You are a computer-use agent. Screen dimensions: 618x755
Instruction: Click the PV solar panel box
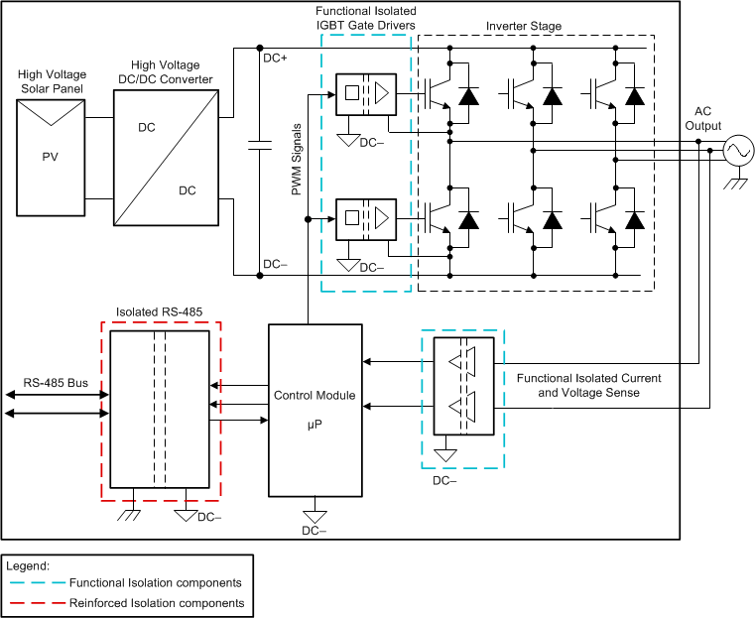[x=52, y=156]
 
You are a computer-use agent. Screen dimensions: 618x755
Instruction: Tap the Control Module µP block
[x=315, y=410]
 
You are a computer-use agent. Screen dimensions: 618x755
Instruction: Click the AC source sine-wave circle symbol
[x=737, y=151]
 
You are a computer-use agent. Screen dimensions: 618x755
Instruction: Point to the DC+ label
[x=276, y=59]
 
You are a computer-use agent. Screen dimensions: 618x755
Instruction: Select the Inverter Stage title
[x=524, y=26]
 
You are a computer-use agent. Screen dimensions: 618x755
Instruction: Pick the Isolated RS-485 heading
[x=160, y=311]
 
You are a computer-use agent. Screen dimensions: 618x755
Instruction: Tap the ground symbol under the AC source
[x=737, y=183]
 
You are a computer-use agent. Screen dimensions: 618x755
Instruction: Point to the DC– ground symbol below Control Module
[x=315, y=516]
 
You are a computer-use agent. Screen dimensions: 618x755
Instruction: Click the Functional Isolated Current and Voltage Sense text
[x=589, y=386]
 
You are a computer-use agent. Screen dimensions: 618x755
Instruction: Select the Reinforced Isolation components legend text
[x=156, y=602]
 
